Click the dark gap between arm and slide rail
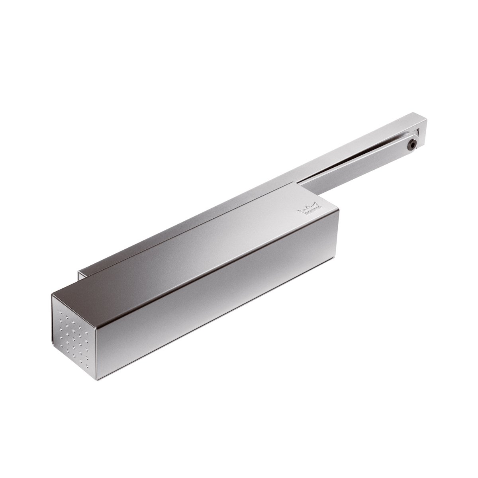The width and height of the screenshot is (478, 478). pyautogui.click(x=370, y=161)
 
